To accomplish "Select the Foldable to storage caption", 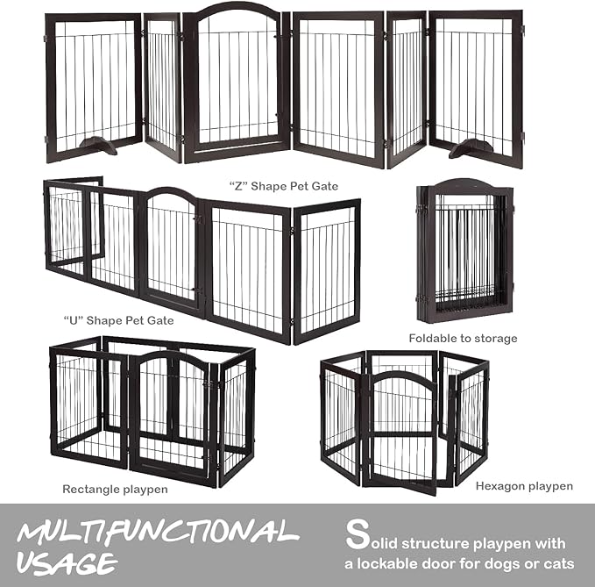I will tap(463, 338).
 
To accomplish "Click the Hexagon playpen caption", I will tap(524, 485).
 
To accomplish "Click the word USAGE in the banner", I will tap(67, 562).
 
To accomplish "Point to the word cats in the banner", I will tap(557, 562).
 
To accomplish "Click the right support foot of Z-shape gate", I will tap(472, 147).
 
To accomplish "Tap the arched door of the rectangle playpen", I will tap(171, 413).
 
